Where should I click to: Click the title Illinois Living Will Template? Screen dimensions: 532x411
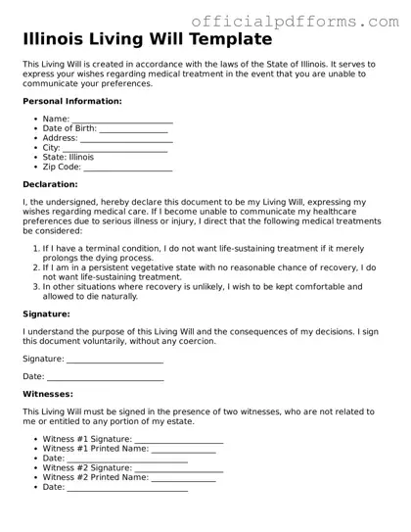(x=147, y=40)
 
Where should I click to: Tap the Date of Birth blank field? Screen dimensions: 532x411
(x=134, y=128)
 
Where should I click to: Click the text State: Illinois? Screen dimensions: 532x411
(x=68, y=157)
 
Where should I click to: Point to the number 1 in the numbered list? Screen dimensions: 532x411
(x=36, y=249)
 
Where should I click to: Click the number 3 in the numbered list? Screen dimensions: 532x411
(x=36, y=287)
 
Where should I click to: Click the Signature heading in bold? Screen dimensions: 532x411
(x=46, y=314)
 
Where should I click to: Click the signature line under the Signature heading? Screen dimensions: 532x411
(x=115, y=360)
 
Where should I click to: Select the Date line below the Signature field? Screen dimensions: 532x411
(x=106, y=377)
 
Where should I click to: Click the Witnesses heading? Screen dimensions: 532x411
(x=50, y=394)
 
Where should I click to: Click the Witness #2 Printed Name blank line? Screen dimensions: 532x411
(x=184, y=478)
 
